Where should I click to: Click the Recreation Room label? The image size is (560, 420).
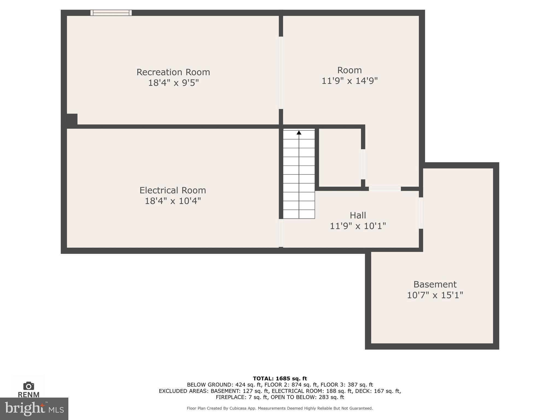point(173,72)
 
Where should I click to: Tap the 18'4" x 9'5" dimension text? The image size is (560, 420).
point(173,83)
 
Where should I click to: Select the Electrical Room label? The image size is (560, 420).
point(173,190)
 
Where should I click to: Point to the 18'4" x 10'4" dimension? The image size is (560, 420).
point(173,201)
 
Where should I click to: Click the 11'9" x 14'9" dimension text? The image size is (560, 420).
point(349,81)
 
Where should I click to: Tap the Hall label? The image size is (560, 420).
point(358,215)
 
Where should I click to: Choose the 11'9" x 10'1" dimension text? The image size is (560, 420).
point(358,226)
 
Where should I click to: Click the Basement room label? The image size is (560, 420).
point(435,284)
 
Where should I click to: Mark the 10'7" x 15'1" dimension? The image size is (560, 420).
point(435,295)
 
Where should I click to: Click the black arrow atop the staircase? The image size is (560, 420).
point(299,133)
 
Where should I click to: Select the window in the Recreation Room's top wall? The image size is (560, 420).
point(111,13)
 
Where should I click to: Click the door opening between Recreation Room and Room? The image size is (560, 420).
point(281,73)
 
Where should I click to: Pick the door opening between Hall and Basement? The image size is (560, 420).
point(421,213)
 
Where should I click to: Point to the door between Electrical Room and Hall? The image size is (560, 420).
point(281,233)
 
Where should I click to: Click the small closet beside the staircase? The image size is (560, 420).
point(340,157)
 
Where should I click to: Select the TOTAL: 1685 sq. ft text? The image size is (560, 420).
point(280,378)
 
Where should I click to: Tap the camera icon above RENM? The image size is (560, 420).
point(29,386)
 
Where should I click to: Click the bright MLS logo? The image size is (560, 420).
point(34,409)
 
